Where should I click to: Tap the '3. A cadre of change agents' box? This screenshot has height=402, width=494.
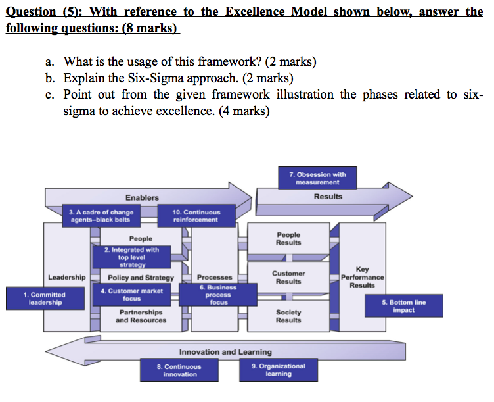tap(101, 216)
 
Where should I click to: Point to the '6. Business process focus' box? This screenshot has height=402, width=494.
tap(218, 295)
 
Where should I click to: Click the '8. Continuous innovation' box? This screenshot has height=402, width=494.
tap(179, 370)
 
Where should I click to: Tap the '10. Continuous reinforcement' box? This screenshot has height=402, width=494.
tap(196, 216)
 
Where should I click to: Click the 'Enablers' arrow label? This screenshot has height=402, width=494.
tap(142, 197)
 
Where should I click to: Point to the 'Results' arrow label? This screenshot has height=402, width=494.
tap(328, 196)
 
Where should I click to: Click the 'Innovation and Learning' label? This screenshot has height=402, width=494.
tap(225, 352)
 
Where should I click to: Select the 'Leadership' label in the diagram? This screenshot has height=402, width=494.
tap(66, 278)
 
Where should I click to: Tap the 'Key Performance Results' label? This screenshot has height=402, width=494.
tap(362, 277)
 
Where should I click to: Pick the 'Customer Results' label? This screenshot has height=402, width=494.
tap(288, 277)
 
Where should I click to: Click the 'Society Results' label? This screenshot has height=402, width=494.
tap(288, 316)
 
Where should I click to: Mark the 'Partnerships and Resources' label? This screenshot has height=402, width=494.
tap(141, 316)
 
